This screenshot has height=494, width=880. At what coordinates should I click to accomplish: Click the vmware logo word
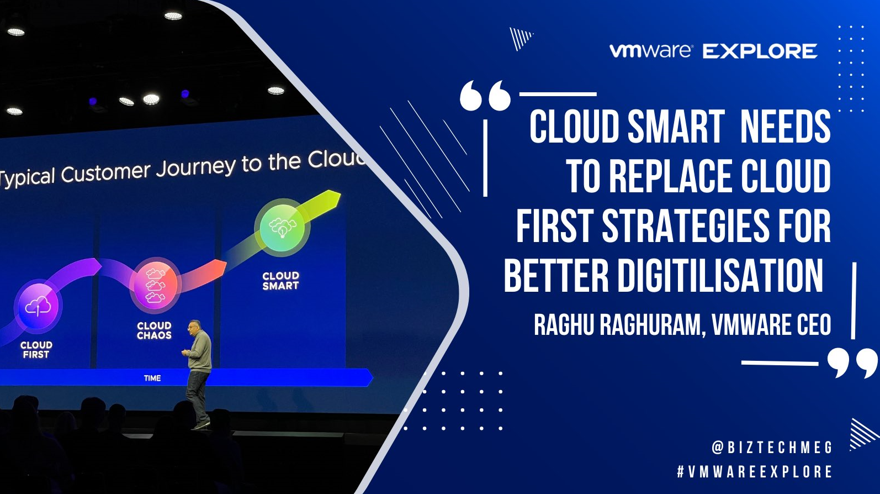pyautogui.click(x=650, y=51)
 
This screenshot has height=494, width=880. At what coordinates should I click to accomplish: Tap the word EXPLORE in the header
pyautogui.click(x=760, y=51)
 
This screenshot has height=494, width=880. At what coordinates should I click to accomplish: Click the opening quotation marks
pyautogui.click(x=485, y=96)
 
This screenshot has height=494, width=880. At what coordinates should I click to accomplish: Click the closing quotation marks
pyautogui.click(x=852, y=362)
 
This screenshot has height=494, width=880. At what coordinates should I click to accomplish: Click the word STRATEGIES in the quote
pyautogui.click(x=685, y=226)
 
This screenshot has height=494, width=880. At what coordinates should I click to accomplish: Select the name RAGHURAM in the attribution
pyautogui.click(x=653, y=324)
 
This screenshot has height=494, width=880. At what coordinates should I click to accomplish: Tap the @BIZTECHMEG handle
pyautogui.click(x=772, y=447)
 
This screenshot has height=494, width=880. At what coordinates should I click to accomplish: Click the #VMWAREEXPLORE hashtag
pyautogui.click(x=755, y=472)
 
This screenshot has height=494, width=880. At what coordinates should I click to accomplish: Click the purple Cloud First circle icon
pyautogui.click(x=38, y=306)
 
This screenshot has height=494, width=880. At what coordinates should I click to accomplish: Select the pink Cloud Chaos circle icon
pyautogui.click(x=155, y=285)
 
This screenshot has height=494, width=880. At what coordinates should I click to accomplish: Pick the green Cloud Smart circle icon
pyautogui.click(x=282, y=227)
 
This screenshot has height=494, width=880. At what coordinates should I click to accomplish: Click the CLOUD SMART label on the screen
pyautogui.click(x=280, y=281)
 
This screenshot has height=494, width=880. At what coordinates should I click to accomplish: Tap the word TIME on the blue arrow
pyautogui.click(x=152, y=378)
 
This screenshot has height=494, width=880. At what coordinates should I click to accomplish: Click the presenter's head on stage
pyautogui.click(x=194, y=326)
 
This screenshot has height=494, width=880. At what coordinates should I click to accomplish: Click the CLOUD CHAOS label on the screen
pyautogui.click(x=154, y=330)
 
